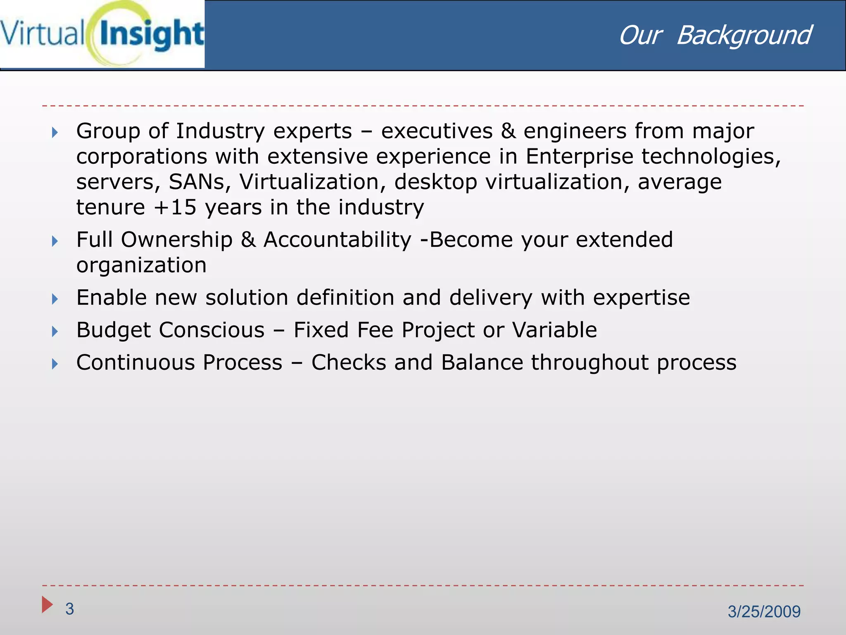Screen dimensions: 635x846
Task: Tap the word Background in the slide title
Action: click(x=744, y=36)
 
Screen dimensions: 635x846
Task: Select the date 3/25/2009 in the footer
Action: click(x=764, y=611)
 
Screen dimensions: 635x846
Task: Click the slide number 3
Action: click(x=69, y=609)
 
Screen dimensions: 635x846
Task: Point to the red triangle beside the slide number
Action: click(x=47, y=605)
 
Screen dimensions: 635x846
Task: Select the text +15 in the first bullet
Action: click(x=175, y=207)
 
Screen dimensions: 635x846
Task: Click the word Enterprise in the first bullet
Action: click(x=579, y=157)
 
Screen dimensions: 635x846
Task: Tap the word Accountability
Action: click(x=337, y=240)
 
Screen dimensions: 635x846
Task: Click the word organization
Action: click(x=141, y=265)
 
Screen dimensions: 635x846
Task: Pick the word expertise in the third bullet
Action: click(x=641, y=298)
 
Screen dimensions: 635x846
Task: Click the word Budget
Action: click(x=114, y=330)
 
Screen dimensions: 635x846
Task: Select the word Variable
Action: click(x=554, y=330)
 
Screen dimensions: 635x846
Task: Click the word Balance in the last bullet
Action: click(x=482, y=363)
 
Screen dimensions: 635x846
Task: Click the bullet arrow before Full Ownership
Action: click(x=55, y=241)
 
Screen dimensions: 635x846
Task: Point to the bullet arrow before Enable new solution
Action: click(x=55, y=299)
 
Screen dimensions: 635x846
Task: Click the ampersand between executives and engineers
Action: click(x=508, y=131)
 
